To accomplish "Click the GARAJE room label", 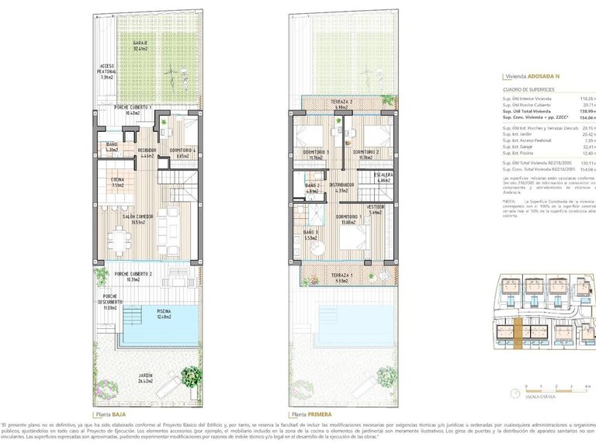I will pos(140,44).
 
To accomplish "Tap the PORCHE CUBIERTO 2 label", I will pos(133,275).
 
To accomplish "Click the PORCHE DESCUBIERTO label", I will pos(111,301).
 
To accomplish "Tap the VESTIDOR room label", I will pos(376,210).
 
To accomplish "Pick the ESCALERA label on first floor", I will pos(383,178).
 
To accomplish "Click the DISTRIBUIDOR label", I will pos(341,187).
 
